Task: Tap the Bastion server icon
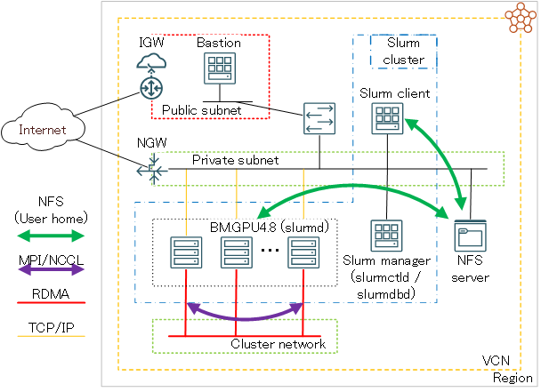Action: pos(217,68)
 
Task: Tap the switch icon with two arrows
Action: pos(319,119)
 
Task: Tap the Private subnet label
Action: pos(236,161)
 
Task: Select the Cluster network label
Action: pos(279,344)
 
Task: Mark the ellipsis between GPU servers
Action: pos(270,251)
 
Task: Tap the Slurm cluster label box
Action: pos(403,52)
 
